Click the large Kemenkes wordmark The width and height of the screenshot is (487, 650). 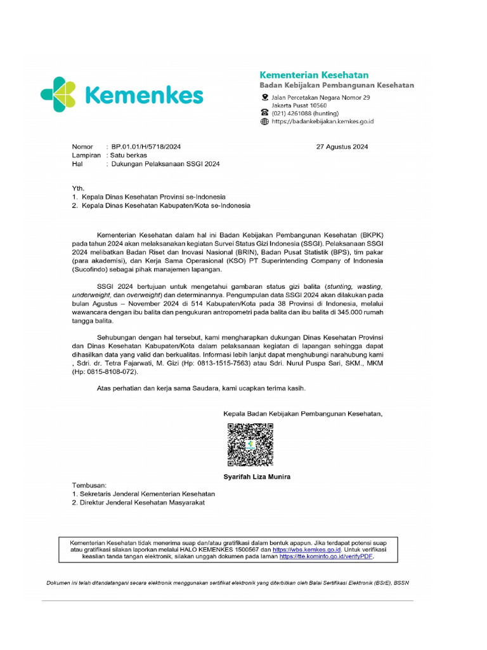click(x=143, y=96)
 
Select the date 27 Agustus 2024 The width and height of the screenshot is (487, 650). click(x=342, y=147)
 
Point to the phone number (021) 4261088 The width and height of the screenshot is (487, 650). click(x=297, y=113)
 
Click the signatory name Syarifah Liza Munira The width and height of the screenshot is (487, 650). click(x=257, y=476)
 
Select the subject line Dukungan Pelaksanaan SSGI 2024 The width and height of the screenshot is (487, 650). click(x=166, y=164)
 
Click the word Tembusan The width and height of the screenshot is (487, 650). click(x=89, y=484)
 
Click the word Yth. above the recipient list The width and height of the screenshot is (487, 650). click(x=78, y=189)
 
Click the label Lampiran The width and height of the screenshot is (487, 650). click(x=87, y=155)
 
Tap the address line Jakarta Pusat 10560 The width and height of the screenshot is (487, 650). click(x=299, y=105)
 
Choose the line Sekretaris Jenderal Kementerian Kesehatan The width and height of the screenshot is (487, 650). click(x=147, y=493)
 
